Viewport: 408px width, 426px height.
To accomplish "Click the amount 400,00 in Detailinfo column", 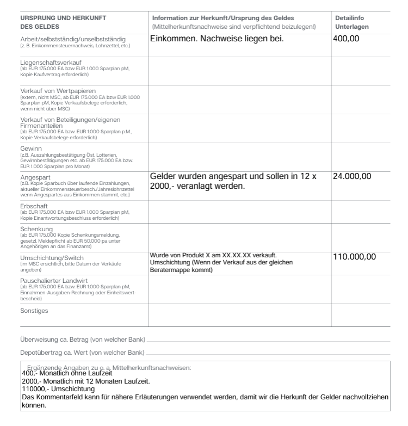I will click(x=346, y=39).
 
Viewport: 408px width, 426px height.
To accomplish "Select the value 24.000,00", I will click(x=352, y=176).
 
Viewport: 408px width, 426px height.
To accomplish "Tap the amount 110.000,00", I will click(x=354, y=257).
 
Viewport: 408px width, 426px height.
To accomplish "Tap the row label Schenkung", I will click(x=38, y=229).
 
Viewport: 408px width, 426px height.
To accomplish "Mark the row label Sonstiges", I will click(x=34, y=311).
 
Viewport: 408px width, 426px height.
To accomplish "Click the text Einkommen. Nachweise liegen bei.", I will click(x=218, y=39).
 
